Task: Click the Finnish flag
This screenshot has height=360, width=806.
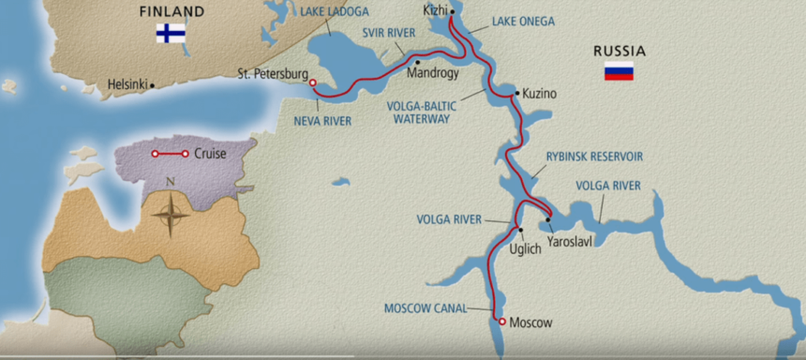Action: click(171, 34)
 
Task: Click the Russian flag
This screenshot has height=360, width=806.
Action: click(619, 70)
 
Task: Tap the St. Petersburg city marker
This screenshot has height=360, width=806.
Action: click(312, 82)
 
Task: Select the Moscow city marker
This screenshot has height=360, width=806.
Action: click(502, 322)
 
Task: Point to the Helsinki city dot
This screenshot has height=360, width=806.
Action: click(152, 84)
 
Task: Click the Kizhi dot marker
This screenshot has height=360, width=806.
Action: click(452, 12)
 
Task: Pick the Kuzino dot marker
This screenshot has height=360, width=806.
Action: click(516, 93)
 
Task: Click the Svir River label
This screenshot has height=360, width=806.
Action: click(389, 33)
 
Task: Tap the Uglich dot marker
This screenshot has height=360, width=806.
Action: click(519, 230)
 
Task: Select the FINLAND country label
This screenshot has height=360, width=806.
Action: click(171, 11)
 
